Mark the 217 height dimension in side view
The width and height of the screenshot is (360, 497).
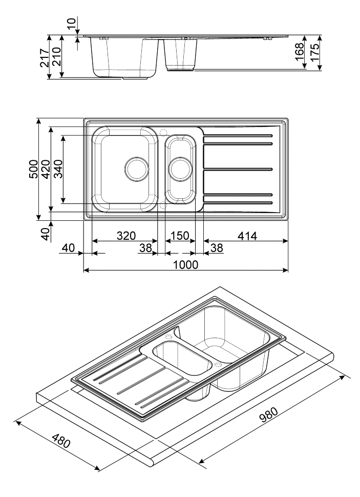click(44, 57)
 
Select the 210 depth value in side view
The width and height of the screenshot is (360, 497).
click(56, 57)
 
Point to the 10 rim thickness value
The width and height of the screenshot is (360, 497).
click(71, 23)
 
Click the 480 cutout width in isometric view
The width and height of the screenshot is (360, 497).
click(60, 440)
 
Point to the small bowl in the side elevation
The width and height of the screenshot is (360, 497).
click(180, 54)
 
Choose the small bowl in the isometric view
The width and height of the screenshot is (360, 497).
click(183, 357)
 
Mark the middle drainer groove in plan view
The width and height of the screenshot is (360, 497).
click(238, 168)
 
